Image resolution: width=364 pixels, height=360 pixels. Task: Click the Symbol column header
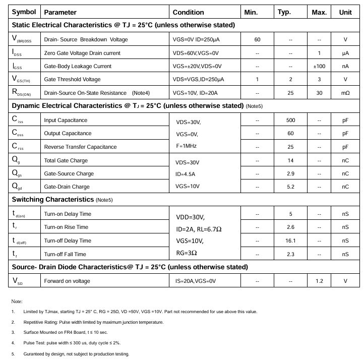(24, 12)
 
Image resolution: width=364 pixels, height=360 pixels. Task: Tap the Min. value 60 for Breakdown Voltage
(257, 39)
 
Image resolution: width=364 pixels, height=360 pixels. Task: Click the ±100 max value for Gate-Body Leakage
(319, 66)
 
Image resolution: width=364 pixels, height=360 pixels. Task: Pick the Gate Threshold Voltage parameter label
(72, 79)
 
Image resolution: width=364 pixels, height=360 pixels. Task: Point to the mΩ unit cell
(345, 93)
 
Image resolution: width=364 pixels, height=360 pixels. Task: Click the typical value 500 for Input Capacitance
(290, 120)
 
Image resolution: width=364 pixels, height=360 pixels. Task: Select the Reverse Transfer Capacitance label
(80, 147)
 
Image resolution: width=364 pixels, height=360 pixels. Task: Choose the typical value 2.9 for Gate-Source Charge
(290, 173)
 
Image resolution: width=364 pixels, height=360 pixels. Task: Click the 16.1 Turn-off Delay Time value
(290, 241)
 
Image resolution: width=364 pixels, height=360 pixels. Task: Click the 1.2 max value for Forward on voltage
(319, 281)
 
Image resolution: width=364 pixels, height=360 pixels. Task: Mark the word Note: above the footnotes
(17, 301)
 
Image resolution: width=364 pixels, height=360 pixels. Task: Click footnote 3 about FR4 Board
(66, 332)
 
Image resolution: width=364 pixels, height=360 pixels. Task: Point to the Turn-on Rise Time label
(66, 227)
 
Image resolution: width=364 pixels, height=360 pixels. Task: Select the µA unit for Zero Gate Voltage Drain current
(345, 53)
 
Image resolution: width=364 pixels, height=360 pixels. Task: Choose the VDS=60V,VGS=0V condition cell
(196, 53)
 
